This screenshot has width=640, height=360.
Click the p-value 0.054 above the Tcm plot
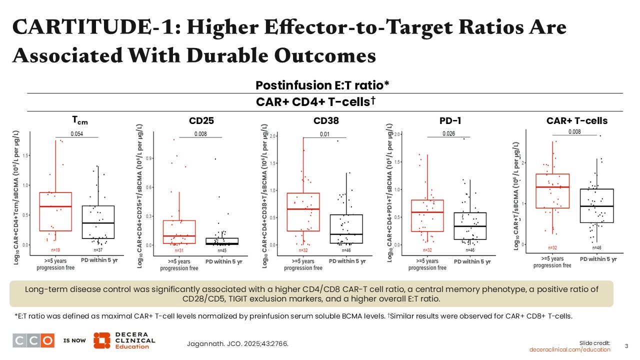(x=76, y=133)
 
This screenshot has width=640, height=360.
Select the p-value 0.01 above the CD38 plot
(x=324, y=133)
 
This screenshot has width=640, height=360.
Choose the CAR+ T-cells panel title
(x=577, y=120)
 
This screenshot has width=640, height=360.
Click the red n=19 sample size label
(x=55, y=249)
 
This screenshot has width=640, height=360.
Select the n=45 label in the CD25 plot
(x=221, y=249)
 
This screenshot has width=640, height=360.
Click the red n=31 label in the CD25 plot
(x=179, y=249)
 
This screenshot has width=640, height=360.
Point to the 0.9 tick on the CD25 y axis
(x=146, y=158)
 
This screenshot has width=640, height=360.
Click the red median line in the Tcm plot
(x=55, y=206)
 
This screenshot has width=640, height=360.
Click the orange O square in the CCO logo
(x=47, y=340)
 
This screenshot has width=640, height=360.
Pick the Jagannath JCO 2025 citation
(x=237, y=343)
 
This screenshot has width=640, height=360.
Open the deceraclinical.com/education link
(x=570, y=349)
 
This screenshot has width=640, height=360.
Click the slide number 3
(x=627, y=346)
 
